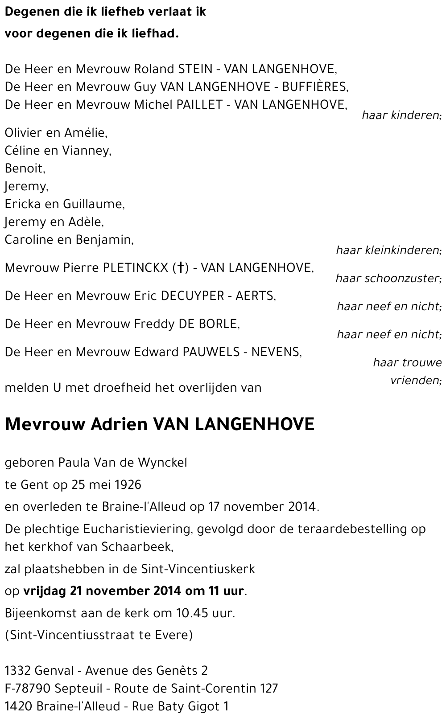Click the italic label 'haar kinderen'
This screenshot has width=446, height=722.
tap(401, 115)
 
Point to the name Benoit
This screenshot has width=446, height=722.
tap(25, 168)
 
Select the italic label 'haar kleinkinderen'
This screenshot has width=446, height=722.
tap(388, 250)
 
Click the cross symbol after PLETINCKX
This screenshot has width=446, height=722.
tap(181, 268)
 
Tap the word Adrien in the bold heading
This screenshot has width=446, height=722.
tap(119, 424)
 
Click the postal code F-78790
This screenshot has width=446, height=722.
tap(27, 689)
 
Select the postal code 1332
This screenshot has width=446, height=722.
tap(17, 671)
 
